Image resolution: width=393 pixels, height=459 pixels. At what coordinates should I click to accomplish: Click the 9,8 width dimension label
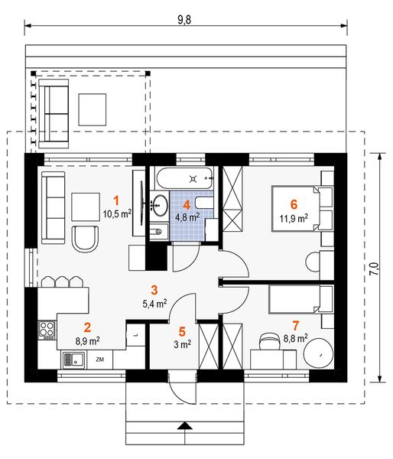[184, 20]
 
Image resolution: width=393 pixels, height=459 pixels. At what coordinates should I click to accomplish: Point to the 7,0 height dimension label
[374, 269]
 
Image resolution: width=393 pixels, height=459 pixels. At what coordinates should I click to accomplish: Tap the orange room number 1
[116, 201]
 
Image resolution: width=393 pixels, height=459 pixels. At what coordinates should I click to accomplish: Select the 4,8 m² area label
[187, 217]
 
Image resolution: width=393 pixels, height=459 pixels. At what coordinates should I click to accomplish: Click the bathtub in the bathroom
[184, 178]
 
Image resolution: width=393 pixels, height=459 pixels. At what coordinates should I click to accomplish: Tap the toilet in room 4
[204, 203]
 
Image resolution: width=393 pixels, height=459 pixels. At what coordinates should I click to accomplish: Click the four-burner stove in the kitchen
[47, 330]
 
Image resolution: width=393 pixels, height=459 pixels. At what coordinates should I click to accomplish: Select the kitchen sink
[73, 360]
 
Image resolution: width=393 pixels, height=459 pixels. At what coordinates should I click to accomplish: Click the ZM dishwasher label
[100, 360]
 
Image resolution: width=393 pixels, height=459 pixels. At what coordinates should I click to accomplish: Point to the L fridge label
[136, 335]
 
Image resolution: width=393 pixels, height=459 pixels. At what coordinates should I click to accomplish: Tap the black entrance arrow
[184, 425]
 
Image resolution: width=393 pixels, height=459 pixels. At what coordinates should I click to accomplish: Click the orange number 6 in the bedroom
[294, 204]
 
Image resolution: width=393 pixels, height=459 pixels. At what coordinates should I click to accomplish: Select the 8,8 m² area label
[296, 338]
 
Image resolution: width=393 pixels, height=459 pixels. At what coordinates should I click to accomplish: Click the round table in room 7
[318, 354]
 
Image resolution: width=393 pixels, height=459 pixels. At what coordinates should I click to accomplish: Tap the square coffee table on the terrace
[93, 109]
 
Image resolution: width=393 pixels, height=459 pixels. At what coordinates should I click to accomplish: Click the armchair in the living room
[85, 239]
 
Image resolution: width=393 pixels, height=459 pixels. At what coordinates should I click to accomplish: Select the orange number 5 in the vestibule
[182, 332]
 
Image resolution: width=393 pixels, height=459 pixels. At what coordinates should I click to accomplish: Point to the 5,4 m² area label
[154, 304]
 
